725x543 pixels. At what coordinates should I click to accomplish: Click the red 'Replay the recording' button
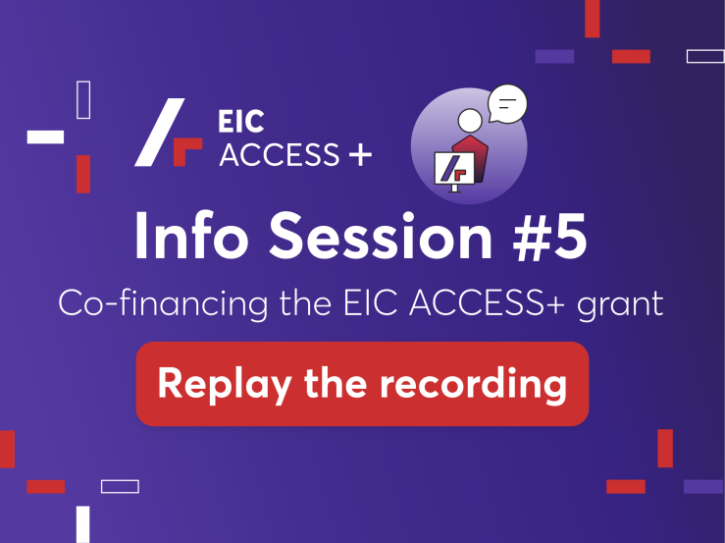point(362,384)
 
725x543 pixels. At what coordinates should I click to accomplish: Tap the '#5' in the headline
point(549,237)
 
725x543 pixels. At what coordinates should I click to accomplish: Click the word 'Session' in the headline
point(381,237)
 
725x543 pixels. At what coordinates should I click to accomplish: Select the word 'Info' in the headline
point(191,236)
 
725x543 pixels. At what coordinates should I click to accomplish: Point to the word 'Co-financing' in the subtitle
point(163,303)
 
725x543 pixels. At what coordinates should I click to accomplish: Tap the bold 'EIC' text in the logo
point(241,122)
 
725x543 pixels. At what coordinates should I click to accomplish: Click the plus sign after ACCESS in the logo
point(361,154)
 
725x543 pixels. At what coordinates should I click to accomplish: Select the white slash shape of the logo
point(160,132)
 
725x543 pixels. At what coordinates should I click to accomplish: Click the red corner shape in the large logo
point(185,149)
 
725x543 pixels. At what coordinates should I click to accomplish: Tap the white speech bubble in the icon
point(507,104)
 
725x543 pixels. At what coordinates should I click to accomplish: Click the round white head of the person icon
point(470,121)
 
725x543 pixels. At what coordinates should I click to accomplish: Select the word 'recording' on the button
point(473,384)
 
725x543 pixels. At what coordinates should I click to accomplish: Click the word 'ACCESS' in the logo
point(280,154)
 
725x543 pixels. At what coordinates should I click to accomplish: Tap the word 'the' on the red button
point(336,382)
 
